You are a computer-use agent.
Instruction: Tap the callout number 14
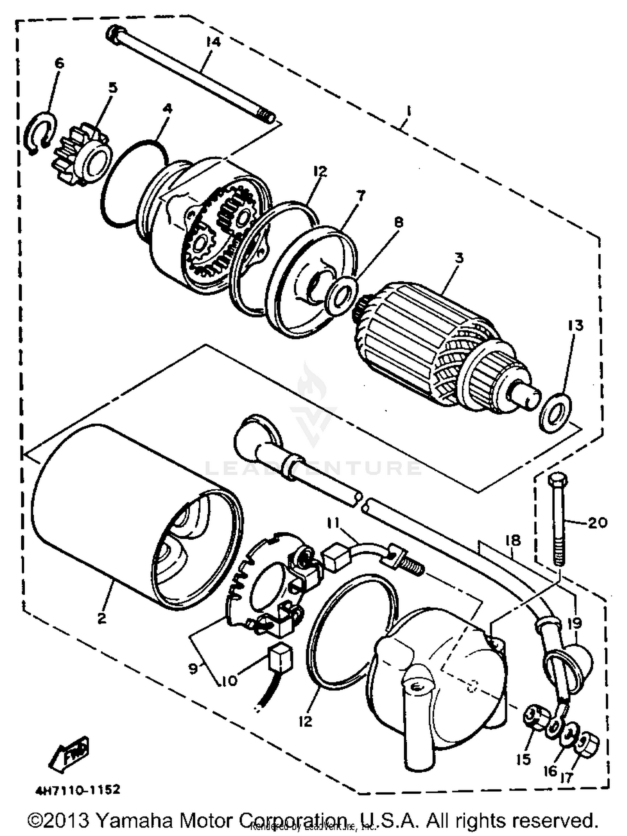pyautogui.click(x=213, y=42)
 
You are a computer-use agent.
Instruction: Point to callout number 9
pyautogui.click(x=193, y=669)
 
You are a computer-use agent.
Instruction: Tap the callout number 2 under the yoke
pyautogui.click(x=102, y=618)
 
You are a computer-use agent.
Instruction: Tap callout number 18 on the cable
pyautogui.click(x=513, y=540)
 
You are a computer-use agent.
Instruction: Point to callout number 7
pyautogui.click(x=360, y=195)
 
